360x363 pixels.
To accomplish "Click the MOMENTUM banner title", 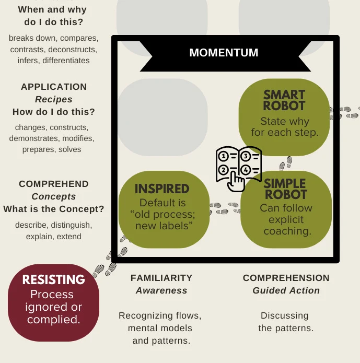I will tap(224, 53).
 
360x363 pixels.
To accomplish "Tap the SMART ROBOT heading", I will tap(284, 100).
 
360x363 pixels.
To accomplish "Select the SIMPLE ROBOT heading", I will tap(285, 189).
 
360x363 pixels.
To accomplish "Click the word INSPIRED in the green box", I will tap(162, 189).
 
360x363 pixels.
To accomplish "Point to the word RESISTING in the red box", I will tap(53, 280).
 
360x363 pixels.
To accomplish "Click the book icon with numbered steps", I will tap(238, 167).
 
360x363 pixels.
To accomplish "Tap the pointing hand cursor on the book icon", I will tap(238, 181).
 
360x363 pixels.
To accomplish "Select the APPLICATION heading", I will tap(54, 87).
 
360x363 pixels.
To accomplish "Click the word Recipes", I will tap(54, 99).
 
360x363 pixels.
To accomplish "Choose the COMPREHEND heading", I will tap(54, 184).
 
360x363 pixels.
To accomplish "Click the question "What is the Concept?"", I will tap(54, 209).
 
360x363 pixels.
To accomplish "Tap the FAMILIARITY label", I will tap(161, 278).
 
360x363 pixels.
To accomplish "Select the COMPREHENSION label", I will tap(286, 278).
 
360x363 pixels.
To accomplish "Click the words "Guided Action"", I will tap(286, 290).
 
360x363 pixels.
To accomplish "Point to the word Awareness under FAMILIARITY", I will tap(161, 290).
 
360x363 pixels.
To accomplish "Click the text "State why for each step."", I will tap(285, 127).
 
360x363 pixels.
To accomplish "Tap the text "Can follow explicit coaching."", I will tap(286, 219).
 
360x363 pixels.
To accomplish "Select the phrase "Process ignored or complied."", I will tap(53, 307).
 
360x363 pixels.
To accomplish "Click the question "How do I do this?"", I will tap(54, 112).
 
